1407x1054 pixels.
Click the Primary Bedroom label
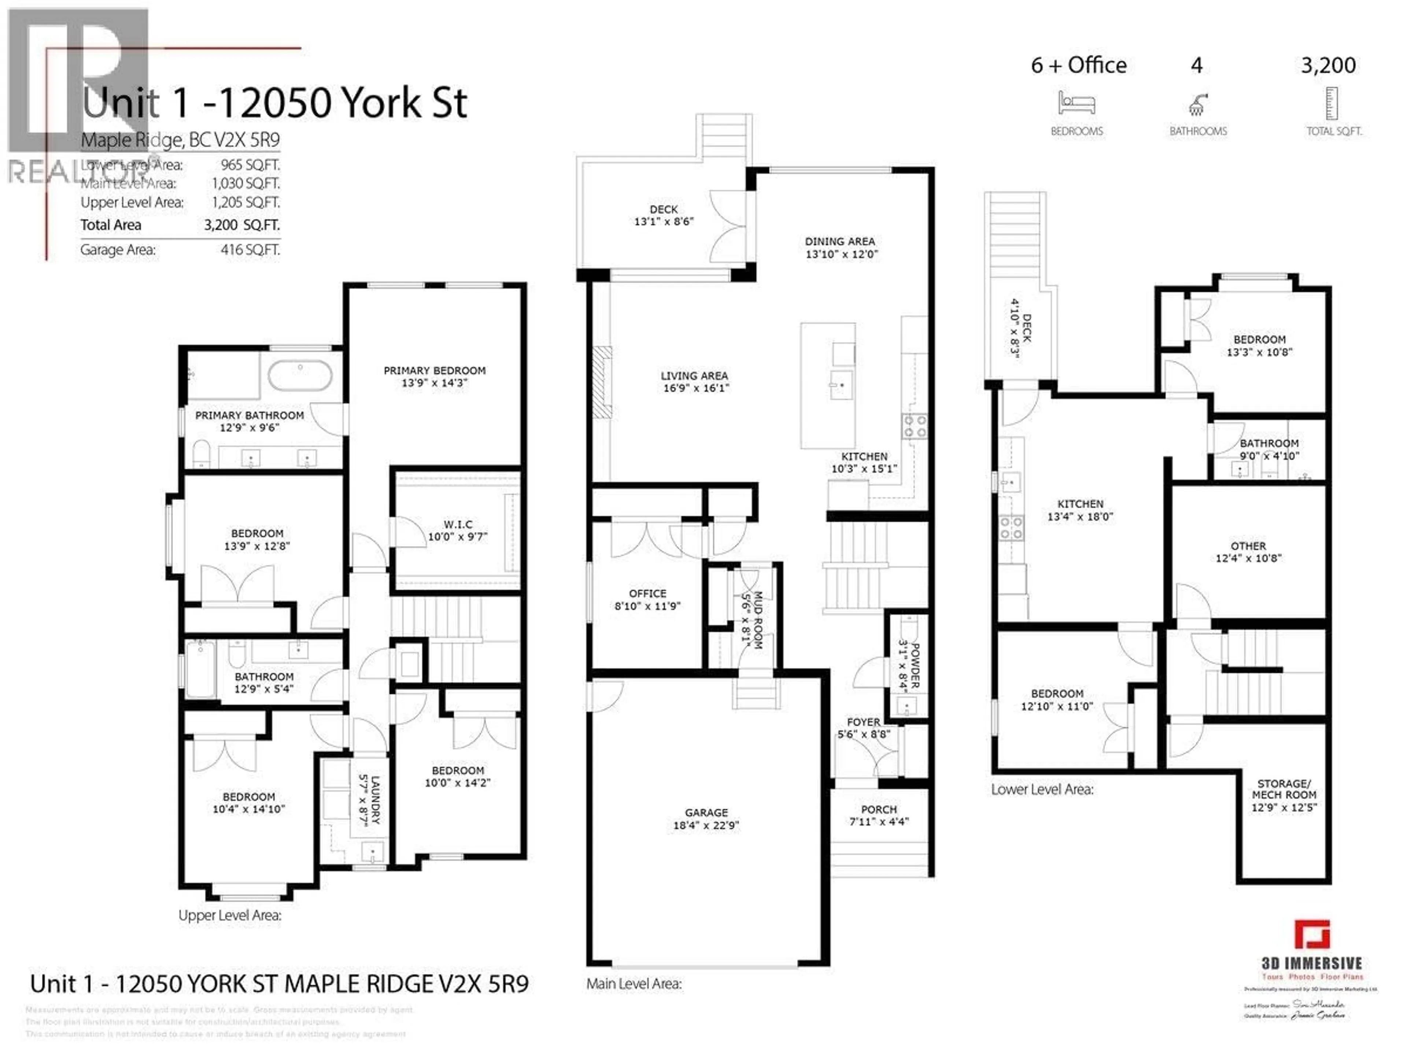click(435, 371)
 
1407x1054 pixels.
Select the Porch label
click(879, 810)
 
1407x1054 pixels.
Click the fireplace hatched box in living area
click(602, 382)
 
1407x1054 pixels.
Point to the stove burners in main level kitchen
click(915, 426)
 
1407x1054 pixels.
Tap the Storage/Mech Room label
click(1284, 789)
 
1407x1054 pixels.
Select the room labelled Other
click(1248, 546)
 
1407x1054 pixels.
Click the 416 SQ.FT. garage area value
click(250, 250)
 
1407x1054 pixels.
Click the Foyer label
click(863, 722)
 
